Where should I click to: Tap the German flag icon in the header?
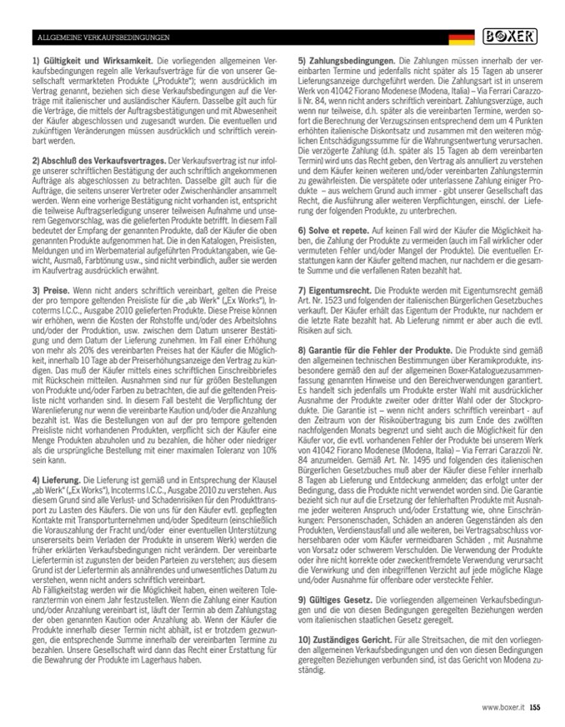click(x=462, y=38)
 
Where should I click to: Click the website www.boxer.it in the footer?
click(x=502, y=707)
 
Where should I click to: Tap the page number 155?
click(x=535, y=707)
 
